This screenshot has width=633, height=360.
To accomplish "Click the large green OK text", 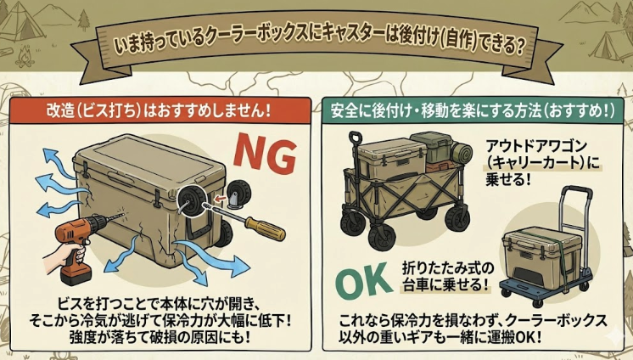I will tap(367, 284).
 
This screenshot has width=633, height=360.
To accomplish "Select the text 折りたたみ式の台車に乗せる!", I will tap(446, 276).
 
